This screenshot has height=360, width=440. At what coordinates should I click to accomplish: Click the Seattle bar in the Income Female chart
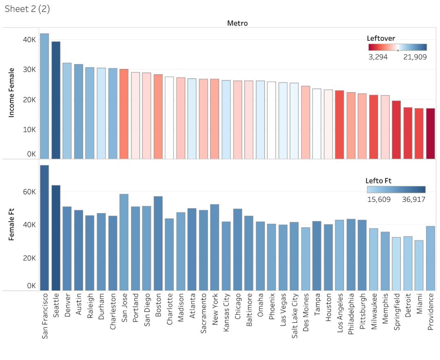pos(56,100)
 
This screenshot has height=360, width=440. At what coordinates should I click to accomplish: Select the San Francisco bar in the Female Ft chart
pos(44,228)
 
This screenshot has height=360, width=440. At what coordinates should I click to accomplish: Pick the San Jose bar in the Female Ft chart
pos(124,243)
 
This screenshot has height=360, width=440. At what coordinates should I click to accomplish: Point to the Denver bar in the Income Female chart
pos(67,110)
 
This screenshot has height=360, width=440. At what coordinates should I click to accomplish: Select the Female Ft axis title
pos(11,224)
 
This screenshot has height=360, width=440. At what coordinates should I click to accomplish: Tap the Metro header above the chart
pos(237,23)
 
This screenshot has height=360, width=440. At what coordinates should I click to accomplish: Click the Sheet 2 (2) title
pos(27,9)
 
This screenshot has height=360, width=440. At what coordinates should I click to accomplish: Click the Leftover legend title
pos(381,38)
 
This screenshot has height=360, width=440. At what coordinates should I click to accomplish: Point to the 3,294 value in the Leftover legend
pos(378,57)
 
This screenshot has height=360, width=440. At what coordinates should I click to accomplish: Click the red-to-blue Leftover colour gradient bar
pos(397,47)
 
